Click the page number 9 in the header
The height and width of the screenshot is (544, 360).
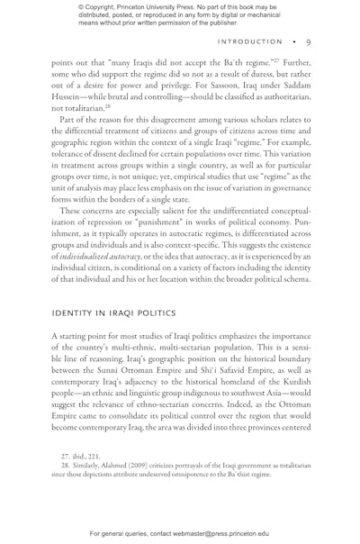(308, 41)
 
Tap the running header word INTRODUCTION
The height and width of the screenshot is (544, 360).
(250, 41)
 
